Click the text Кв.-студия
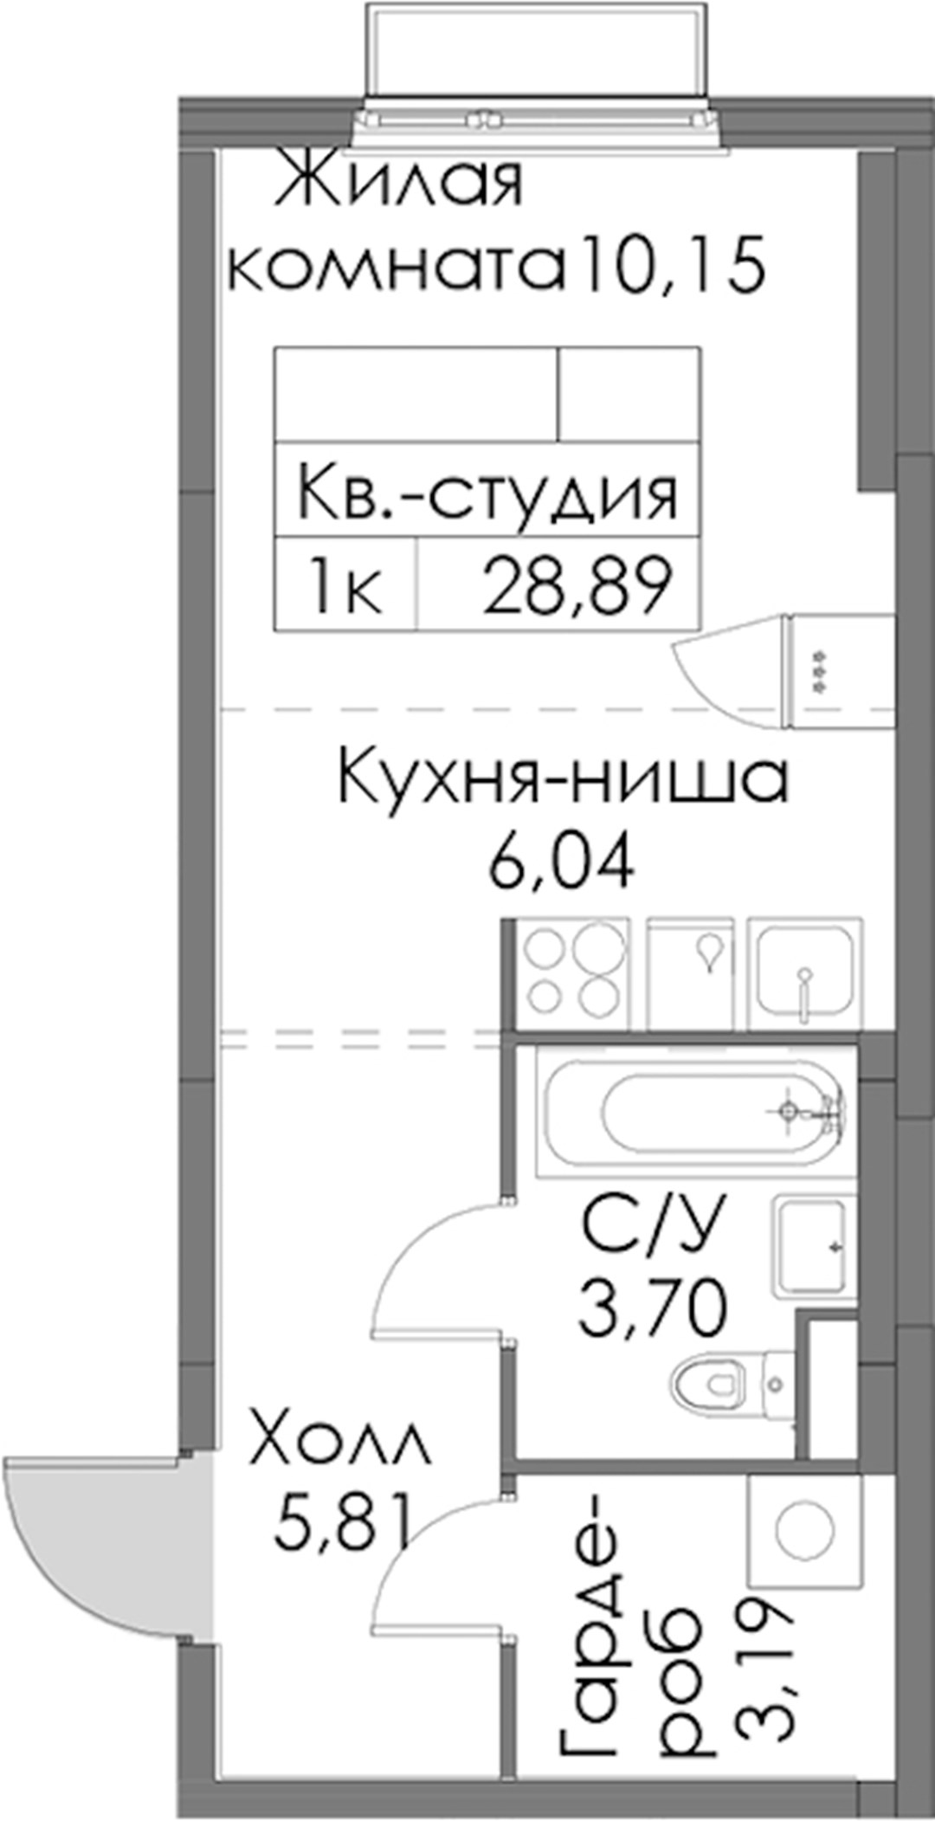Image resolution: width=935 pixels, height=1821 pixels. [x=487, y=494]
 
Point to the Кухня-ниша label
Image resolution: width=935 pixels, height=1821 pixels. [x=564, y=778]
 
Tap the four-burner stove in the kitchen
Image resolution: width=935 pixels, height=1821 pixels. [x=570, y=973]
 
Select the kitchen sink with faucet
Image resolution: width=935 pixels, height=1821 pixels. [x=805, y=973]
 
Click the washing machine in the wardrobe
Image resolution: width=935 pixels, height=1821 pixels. [x=804, y=1528]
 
